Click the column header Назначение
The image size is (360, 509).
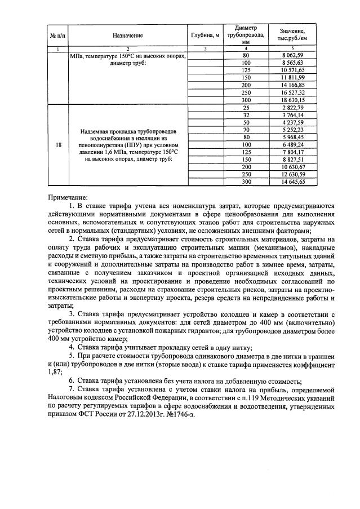128,35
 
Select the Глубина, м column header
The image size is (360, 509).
205,35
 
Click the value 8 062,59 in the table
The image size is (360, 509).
295,56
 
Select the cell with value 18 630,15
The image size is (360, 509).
295,99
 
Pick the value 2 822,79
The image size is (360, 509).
295,107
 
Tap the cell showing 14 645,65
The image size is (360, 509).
295,182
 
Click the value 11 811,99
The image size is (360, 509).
295,77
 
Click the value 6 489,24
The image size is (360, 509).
295,144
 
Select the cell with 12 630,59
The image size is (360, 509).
295,174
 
